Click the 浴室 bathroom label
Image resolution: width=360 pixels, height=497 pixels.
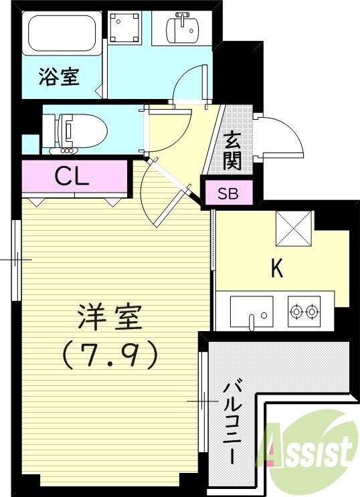pyautogui.click(x=58, y=76)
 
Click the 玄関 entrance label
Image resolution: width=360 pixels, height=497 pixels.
pyautogui.click(x=232, y=151)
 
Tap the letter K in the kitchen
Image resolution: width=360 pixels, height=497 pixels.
pyautogui.click(x=276, y=268)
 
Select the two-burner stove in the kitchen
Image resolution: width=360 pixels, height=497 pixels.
pyautogui.click(x=304, y=310)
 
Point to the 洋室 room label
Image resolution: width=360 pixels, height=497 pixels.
pyautogui.click(x=110, y=318)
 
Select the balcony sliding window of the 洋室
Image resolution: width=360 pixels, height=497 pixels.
pyautogui.click(x=203, y=401)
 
